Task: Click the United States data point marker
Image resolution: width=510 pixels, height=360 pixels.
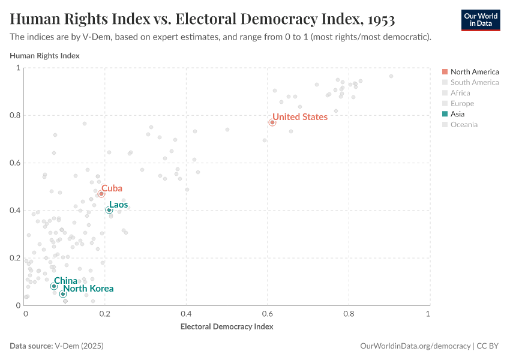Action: [272, 122]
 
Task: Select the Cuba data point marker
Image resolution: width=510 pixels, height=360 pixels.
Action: [101, 194]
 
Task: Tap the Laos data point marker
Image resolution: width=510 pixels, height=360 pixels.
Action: [109, 210]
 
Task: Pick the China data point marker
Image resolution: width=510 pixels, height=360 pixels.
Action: [54, 286]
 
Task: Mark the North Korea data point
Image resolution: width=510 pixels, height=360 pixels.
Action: [63, 294]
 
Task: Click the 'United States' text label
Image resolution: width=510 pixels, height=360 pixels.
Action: [300, 117]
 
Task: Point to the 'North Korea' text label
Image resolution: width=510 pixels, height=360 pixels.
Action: [88, 289]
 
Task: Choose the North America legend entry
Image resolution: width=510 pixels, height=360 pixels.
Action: [474, 72]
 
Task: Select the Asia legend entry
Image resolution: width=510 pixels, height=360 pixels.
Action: [457, 114]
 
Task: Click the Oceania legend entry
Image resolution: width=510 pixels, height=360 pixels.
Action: [464, 125]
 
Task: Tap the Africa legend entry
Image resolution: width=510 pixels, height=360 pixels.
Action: [460, 93]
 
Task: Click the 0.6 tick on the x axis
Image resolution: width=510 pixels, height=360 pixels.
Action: [347, 314]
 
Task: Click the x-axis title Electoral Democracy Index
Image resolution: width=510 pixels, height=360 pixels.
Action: [227, 327]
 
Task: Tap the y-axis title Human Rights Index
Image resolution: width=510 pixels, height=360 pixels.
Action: [45, 56]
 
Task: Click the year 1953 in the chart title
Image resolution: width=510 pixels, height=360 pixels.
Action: [379, 19]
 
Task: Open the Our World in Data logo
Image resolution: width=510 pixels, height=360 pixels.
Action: [480, 20]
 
